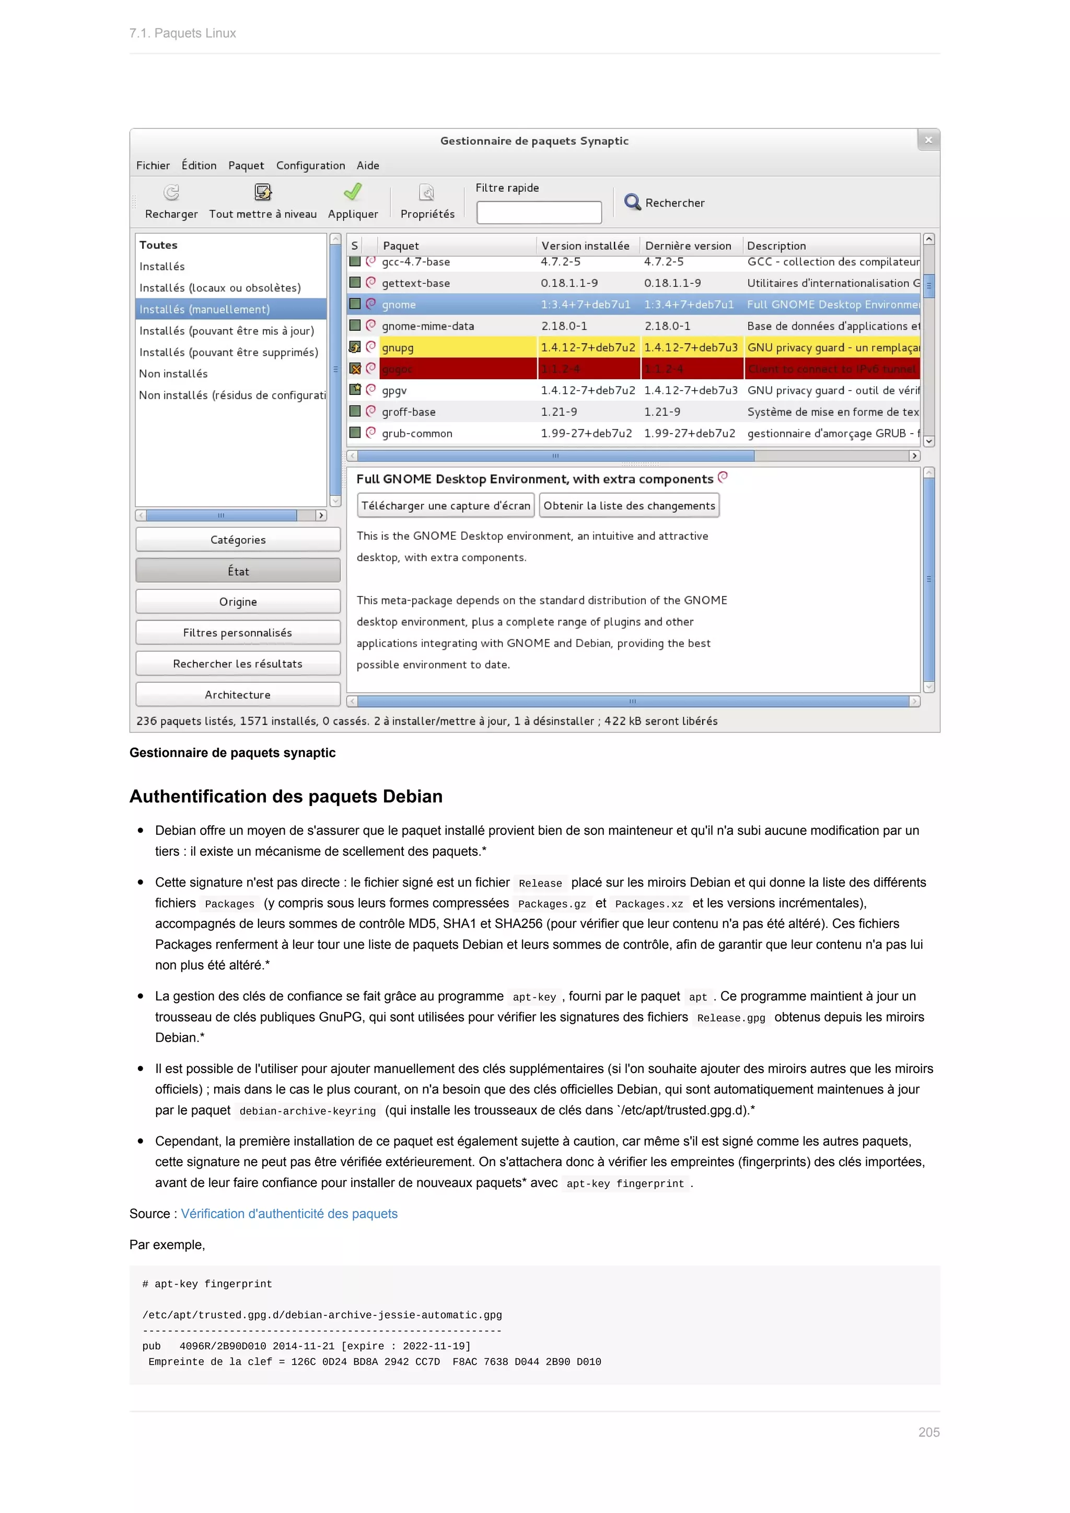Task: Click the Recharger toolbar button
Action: tap(171, 201)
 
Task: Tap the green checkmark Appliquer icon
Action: tap(353, 192)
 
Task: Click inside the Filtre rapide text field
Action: tap(539, 212)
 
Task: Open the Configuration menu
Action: tap(310, 166)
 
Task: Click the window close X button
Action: tap(928, 139)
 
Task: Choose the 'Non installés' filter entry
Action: tap(173, 374)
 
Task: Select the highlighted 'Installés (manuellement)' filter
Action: tap(205, 309)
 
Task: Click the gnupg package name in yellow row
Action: tap(398, 347)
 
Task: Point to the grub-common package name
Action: tap(417, 433)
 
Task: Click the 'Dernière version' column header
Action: tap(688, 246)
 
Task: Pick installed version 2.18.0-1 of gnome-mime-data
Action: tap(564, 325)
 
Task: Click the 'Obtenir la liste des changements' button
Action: tap(629, 505)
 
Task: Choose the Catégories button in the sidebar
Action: tap(238, 540)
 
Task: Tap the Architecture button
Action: tap(238, 694)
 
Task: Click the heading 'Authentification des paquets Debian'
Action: tap(286, 796)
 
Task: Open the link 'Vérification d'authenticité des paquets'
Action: tap(289, 1213)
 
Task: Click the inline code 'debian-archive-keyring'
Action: tap(308, 1111)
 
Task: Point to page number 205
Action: tap(928, 1432)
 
